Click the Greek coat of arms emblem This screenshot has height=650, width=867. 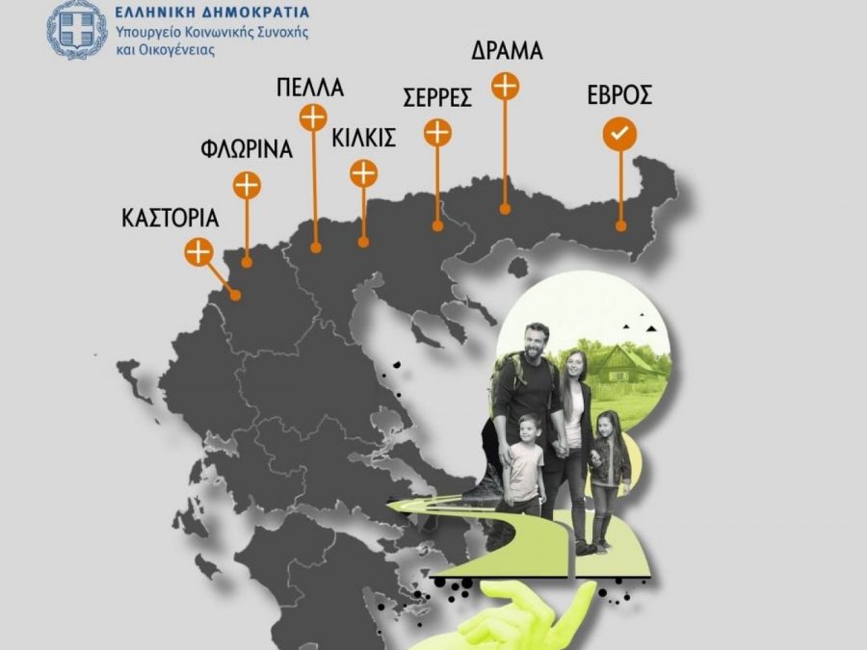[x=78, y=30]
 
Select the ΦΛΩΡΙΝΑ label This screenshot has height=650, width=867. [x=246, y=150]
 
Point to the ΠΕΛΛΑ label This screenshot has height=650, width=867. [x=309, y=90]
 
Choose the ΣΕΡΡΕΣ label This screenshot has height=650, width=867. [x=436, y=97]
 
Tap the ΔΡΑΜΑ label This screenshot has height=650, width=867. [x=506, y=51]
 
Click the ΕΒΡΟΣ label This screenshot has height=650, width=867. [x=619, y=95]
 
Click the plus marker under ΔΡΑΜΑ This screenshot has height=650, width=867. [x=506, y=86]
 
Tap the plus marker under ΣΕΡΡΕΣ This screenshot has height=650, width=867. [x=438, y=132]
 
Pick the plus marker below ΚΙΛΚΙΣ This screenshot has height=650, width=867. [x=363, y=173]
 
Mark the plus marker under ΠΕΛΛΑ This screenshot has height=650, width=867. [x=313, y=118]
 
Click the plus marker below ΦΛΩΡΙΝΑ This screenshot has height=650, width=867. [x=248, y=184]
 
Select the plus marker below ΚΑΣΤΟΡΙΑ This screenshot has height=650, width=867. [x=197, y=252]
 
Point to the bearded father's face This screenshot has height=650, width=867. [x=536, y=343]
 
